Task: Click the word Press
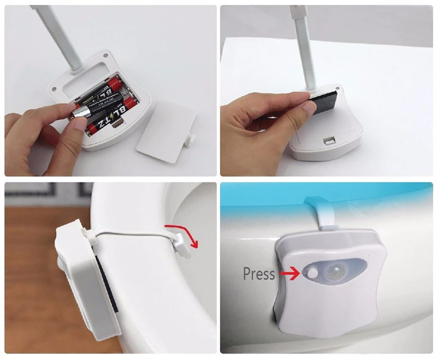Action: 258,273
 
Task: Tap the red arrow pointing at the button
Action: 290,273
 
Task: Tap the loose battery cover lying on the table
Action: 163,133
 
